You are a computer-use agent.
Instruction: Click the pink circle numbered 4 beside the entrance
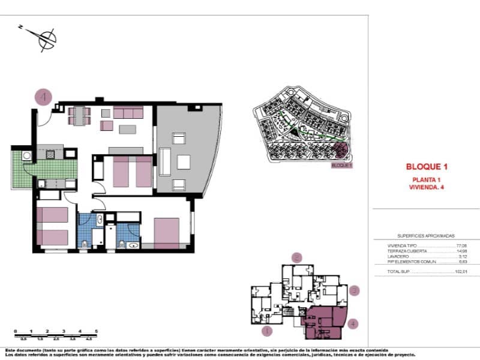pos(43,97)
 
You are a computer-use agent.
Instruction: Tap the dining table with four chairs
pos(79,115)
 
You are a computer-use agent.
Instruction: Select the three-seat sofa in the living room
pos(128,112)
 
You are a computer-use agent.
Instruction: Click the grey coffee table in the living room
pos(127,129)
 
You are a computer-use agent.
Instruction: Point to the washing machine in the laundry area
pos(27,155)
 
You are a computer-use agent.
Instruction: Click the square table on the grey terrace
pos(184,162)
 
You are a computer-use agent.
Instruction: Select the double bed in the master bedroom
pos(167,232)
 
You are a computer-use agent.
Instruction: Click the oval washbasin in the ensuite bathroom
pos(133,245)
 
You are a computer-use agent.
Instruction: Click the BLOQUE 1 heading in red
pos(427,167)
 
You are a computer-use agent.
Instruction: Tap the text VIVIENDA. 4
pos(427,187)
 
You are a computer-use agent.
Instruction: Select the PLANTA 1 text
pos(427,180)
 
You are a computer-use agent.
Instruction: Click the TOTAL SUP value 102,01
pos(460,272)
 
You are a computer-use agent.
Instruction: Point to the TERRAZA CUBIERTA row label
pos(408,251)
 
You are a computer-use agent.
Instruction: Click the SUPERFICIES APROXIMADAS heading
pos(426,236)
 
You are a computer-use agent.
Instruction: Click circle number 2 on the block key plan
pos(296,257)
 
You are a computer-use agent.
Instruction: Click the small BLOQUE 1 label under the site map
pos(342,165)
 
